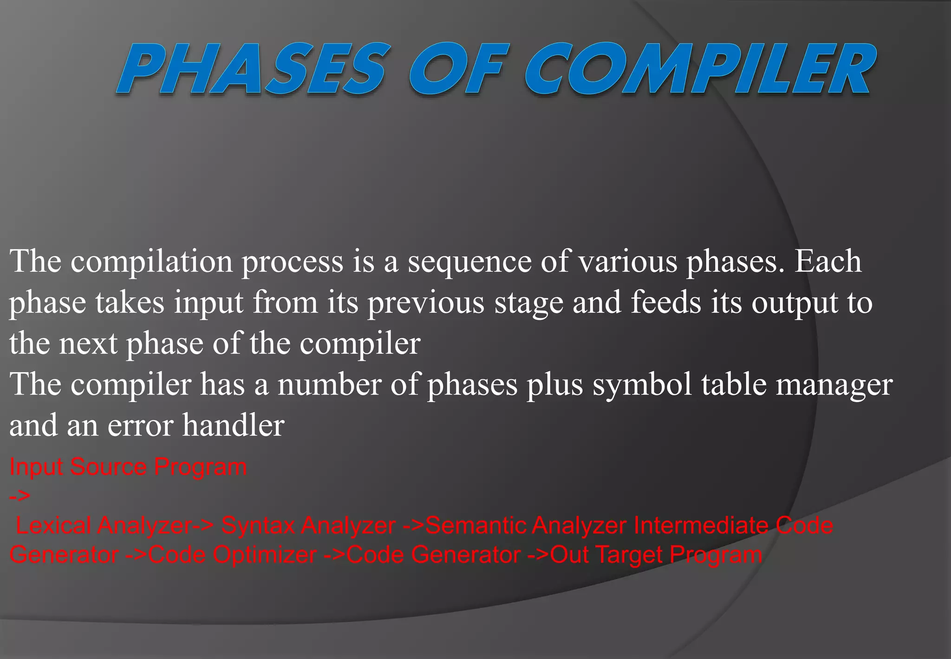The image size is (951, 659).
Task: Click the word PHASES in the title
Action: click(x=253, y=70)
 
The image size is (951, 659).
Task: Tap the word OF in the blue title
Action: click(x=456, y=70)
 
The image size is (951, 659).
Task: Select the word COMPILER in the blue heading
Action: click(x=700, y=70)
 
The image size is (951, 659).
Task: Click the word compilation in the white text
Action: click(x=151, y=262)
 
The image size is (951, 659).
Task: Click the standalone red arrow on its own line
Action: click(x=20, y=496)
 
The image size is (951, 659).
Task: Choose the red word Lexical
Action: click(x=53, y=526)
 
